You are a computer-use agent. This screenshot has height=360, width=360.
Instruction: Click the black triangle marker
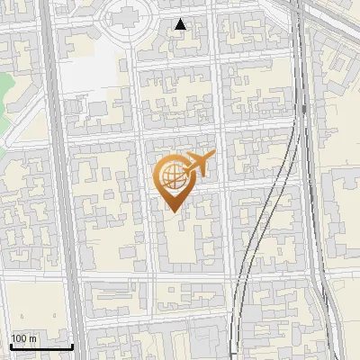click(x=180, y=24)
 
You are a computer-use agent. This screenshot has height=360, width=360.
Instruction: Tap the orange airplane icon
click(x=197, y=164)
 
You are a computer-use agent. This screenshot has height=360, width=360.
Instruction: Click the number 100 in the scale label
click(x=19, y=339)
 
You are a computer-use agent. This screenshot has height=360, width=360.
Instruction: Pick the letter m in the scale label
click(x=33, y=339)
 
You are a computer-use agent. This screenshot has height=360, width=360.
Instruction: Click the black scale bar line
click(x=40, y=346)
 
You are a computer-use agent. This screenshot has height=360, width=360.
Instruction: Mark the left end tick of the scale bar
click(x=10, y=345)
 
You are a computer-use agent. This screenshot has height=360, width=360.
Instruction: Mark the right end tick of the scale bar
click(x=72, y=345)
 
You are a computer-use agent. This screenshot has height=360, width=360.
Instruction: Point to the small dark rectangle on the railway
click(x=304, y=109)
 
